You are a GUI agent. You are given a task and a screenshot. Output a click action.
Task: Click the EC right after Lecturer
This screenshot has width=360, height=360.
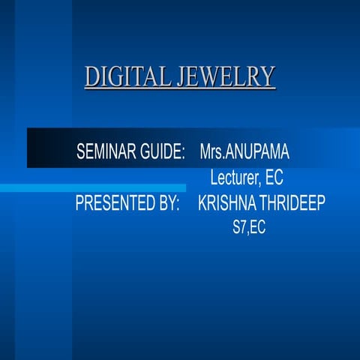pos(274,179)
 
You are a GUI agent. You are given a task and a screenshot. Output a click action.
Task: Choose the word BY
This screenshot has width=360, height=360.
pos(168,204)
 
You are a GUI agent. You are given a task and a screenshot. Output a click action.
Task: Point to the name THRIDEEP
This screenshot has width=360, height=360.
pos(292,204)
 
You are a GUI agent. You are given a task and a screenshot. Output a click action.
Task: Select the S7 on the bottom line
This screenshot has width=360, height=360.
pos(240,229)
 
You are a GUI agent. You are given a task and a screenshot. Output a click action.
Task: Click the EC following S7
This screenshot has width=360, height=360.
pos(257,229)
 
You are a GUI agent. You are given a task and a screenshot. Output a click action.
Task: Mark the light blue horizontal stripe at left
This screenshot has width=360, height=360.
pos(90,187)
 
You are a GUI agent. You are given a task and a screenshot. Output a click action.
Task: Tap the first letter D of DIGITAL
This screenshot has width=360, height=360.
pos(91,77)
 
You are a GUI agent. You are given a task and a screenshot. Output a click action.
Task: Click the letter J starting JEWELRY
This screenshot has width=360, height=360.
pos(181,77)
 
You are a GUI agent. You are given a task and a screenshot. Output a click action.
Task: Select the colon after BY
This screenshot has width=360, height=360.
pos(178,205)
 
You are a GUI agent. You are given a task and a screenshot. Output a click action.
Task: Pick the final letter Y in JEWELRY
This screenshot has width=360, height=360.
pos(268,77)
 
